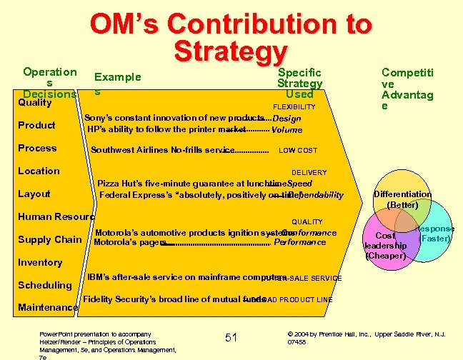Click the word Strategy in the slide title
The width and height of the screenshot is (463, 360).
tap(230, 52)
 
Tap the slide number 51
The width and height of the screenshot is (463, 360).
tap(231, 337)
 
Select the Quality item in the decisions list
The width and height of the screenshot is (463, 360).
tap(35, 103)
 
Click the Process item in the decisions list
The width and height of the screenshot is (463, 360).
tap(36, 149)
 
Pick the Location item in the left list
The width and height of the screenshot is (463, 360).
tap(39, 171)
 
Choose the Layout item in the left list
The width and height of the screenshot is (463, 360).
tap(34, 194)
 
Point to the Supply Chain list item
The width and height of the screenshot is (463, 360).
tap(49, 240)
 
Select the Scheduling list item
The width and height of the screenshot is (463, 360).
tap(44, 286)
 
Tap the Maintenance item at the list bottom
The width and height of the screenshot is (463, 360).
tap(48, 308)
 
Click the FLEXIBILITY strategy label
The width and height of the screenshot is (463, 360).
tap(294, 107)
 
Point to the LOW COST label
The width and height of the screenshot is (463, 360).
tap(298, 151)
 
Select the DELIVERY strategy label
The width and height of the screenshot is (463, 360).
tap(309, 173)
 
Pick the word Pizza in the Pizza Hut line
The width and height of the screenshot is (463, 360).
tap(109, 184)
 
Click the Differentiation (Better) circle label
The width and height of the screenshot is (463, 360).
tap(402, 199)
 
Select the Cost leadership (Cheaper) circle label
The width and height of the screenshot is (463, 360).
tap(386, 245)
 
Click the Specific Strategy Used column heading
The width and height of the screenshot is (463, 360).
tap(300, 83)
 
